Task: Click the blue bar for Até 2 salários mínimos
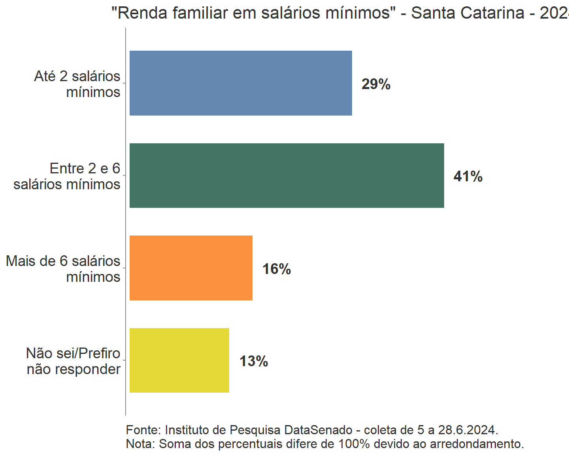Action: (x=241, y=83)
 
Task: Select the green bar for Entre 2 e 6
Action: (x=286, y=175)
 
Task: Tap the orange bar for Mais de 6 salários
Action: (x=191, y=268)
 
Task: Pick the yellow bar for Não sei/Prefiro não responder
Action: (x=179, y=360)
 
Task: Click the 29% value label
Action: (x=376, y=84)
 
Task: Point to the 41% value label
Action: (x=468, y=177)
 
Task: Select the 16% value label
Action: (x=277, y=269)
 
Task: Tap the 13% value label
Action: (x=254, y=361)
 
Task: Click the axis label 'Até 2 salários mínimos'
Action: (x=77, y=84)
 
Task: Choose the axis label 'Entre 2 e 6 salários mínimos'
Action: (x=67, y=176)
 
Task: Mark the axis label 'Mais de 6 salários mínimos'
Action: (x=63, y=269)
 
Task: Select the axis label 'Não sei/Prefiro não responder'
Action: (x=73, y=361)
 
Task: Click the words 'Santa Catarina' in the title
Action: (x=467, y=13)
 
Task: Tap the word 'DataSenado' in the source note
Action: (x=318, y=430)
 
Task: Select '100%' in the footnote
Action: (x=354, y=444)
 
